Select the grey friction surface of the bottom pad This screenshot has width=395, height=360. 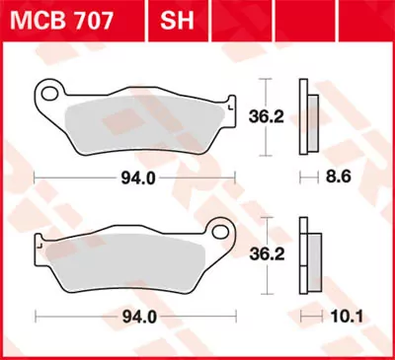(128, 261)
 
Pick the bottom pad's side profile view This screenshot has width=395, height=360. (311, 253)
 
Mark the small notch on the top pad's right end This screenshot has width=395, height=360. (229, 102)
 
